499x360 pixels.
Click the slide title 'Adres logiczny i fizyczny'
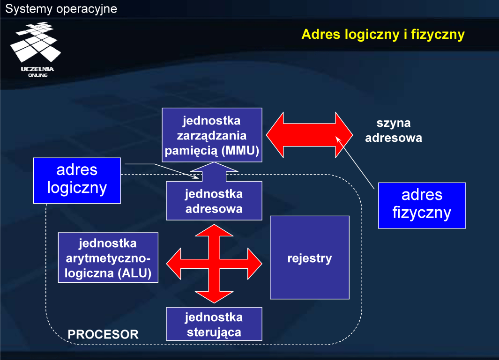383,34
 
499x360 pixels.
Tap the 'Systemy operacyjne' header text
61,8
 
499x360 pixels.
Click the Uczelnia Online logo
36,50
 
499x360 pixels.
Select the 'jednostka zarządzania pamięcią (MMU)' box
212,135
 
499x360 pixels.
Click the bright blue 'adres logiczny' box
77,180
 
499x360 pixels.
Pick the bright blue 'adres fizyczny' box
422,206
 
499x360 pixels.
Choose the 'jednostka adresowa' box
214,201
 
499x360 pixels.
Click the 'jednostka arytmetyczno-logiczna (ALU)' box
108,257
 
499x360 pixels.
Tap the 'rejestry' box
310,257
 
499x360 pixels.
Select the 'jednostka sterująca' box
214,324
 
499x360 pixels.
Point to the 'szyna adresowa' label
394,131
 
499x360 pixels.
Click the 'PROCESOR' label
103,335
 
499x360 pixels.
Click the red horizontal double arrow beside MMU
309,135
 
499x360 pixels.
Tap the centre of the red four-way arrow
214,264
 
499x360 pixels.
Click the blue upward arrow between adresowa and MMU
214,172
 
